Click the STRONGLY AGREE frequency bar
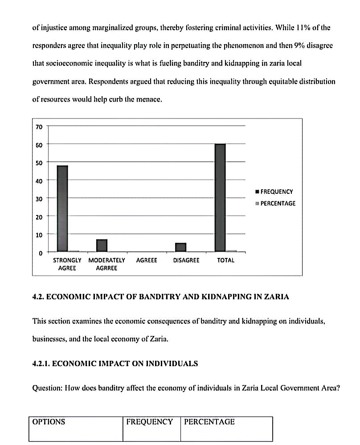click(x=62, y=208)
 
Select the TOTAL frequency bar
click(x=220, y=198)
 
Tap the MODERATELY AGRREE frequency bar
click(x=102, y=245)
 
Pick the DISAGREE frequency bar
click(x=181, y=247)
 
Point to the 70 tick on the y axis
click(x=39, y=127)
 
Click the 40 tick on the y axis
click(x=39, y=181)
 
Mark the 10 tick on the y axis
click(x=39, y=235)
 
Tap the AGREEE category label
click(x=147, y=260)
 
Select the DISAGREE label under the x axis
click(x=186, y=260)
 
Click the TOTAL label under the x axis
click(x=225, y=260)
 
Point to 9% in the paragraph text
click(x=299, y=45)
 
